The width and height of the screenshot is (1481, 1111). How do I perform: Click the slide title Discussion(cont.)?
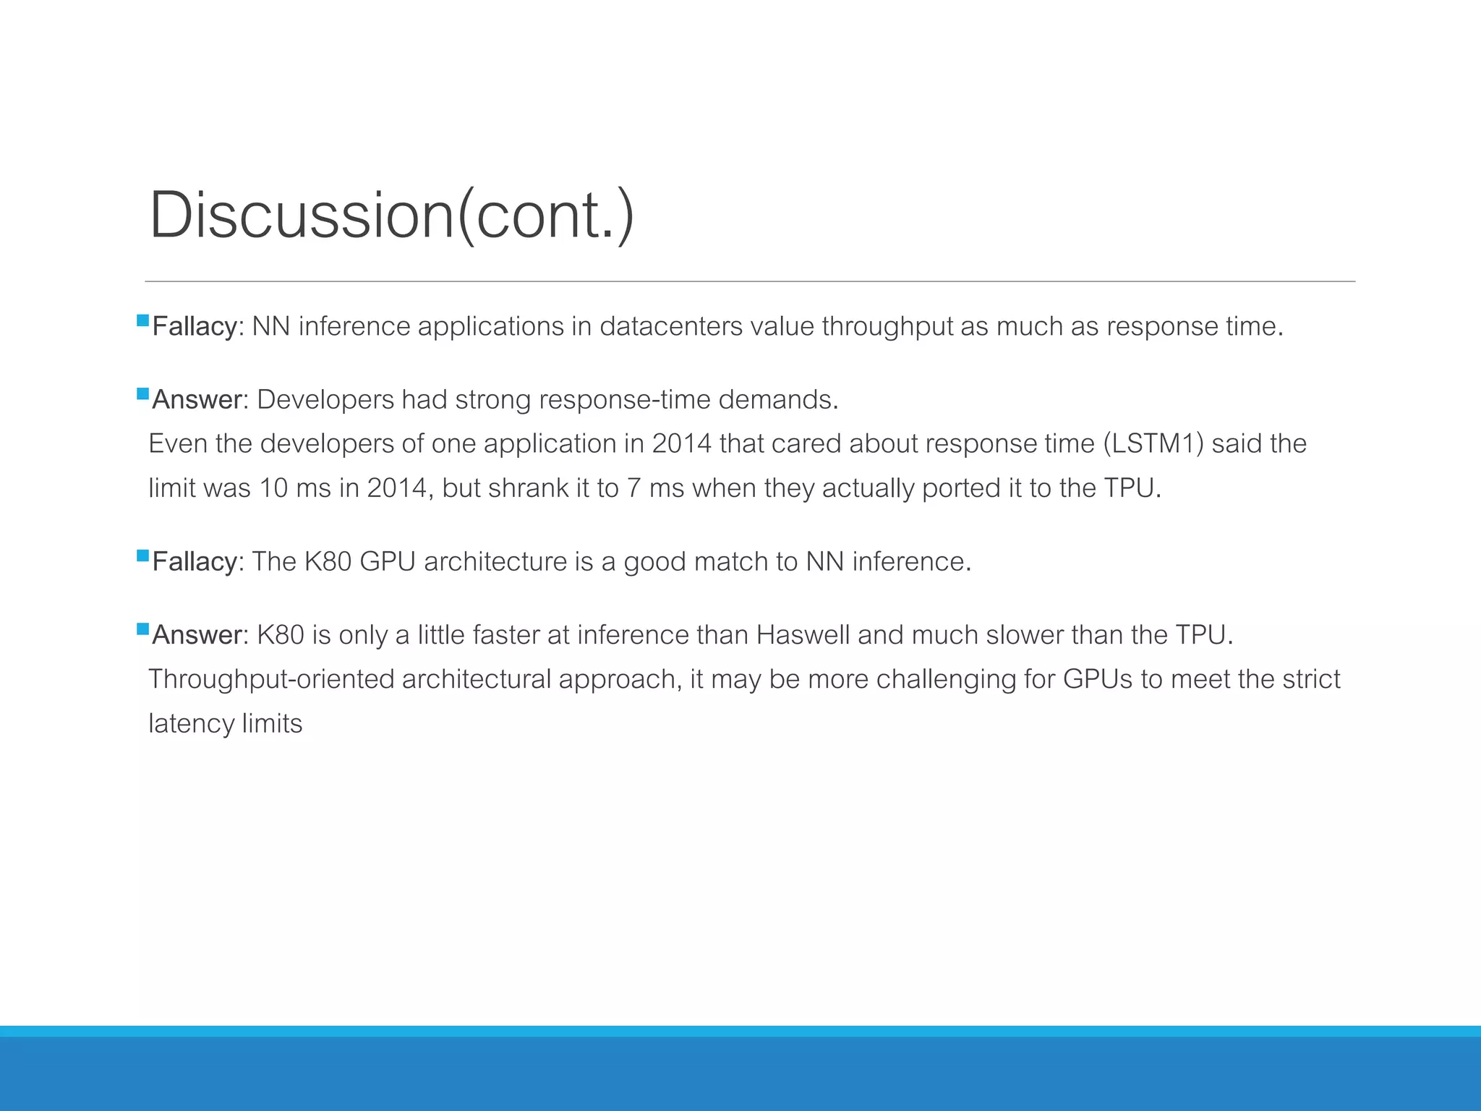point(391,215)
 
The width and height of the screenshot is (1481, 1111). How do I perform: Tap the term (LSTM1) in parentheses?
point(1153,443)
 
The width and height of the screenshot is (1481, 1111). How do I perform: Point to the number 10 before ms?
point(273,488)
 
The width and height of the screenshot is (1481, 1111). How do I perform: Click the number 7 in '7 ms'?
point(633,488)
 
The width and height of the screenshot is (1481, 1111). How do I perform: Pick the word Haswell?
point(803,635)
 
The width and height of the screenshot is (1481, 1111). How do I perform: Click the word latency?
point(191,724)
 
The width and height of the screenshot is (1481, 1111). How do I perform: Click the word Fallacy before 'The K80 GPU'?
point(194,562)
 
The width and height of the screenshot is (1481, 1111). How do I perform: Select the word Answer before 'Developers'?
point(196,400)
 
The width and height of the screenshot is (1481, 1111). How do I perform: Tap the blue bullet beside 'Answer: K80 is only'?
point(142,629)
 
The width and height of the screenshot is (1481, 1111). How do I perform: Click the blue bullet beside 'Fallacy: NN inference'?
point(142,320)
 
